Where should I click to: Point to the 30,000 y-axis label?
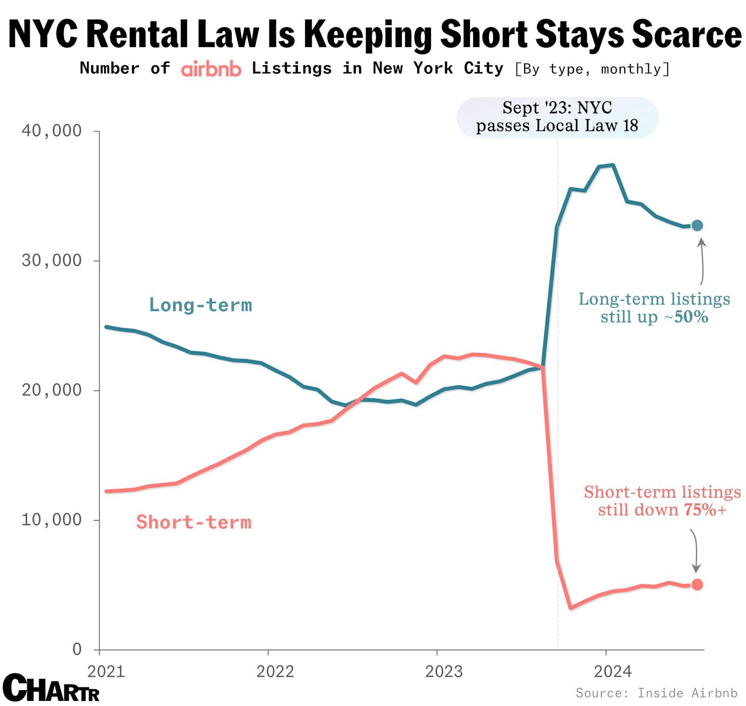(51, 261)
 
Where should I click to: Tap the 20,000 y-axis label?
(51, 390)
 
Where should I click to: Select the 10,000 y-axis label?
(51, 519)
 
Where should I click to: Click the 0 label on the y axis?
(77, 649)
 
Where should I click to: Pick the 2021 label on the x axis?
(106, 671)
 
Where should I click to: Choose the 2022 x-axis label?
(275, 671)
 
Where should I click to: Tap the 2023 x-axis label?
(444, 671)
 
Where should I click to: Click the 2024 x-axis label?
(613, 671)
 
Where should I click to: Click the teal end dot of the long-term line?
(697, 226)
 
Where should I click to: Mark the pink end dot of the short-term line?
(697, 584)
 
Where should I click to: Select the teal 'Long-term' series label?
(200, 305)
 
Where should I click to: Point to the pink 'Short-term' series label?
(193, 522)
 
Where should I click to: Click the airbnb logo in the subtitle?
(211, 69)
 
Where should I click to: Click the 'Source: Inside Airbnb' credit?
(656, 693)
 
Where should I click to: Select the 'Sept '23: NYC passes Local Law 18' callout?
(557, 117)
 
